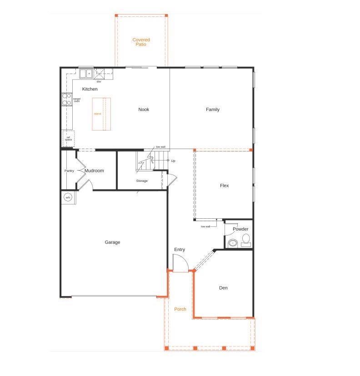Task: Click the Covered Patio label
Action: (x=141, y=42)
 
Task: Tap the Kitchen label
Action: (x=90, y=89)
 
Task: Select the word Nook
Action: (x=144, y=110)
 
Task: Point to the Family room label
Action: (x=212, y=110)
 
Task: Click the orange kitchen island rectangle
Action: (x=101, y=114)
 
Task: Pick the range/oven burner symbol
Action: (x=66, y=99)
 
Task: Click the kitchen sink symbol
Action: (x=85, y=73)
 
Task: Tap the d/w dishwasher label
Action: (x=98, y=81)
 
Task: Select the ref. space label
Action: (x=68, y=138)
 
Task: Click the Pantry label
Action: (x=69, y=171)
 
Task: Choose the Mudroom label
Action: (x=94, y=171)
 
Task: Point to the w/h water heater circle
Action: (x=68, y=197)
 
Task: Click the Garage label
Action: (x=112, y=242)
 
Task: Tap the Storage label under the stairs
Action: (x=142, y=181)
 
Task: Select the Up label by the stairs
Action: (x=173, y=161)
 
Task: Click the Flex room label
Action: (x=224, y=185)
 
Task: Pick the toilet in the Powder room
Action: (x=246, y=239)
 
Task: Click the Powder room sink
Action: (x=233, y=243)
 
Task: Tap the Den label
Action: (x=223, y=288)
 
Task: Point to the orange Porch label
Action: (x=180, y=309)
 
